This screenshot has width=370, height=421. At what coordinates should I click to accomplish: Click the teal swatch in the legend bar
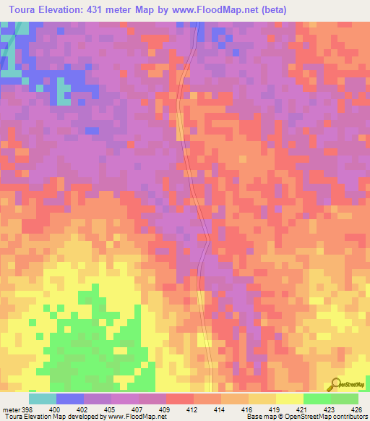coord(43,399)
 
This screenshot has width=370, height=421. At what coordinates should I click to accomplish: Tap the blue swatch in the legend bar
coord(70,399)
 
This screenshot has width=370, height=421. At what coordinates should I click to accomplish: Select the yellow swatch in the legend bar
coord(289,399)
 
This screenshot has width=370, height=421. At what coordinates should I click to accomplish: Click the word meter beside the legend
coord(10,409)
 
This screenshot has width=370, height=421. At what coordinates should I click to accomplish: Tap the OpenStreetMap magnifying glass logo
coord(336,383)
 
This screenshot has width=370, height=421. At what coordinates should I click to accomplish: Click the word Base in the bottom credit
coord(252,417)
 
